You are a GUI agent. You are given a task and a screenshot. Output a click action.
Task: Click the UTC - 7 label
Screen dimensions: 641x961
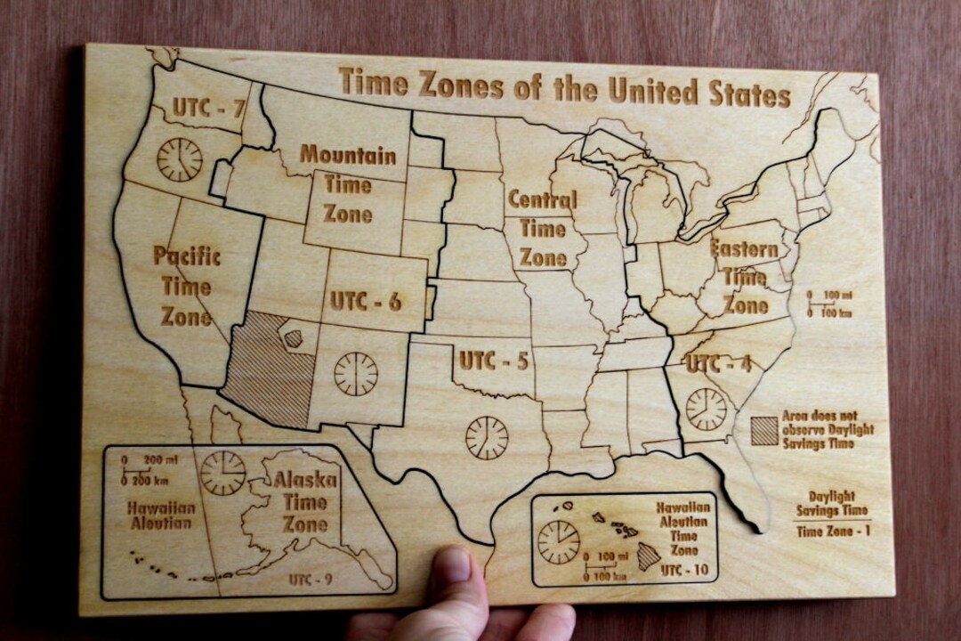click(x=208, y=108)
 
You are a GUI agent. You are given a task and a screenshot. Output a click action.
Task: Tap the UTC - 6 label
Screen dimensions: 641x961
click(x=366, y=301)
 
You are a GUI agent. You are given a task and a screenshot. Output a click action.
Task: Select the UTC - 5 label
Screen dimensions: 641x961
click(x=494, y=361)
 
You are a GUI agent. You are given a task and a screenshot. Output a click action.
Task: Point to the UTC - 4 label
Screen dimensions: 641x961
click(x=719, y=364)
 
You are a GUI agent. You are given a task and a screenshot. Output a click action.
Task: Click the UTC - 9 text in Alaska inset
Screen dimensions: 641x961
click(x=311, y=580)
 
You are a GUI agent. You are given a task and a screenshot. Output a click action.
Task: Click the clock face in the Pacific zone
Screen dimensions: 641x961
click(x=180, y=159)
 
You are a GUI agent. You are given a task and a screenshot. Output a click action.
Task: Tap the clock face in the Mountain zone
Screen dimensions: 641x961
click(x=356, y=373)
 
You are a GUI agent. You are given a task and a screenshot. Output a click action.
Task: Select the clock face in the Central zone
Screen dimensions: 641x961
click(x=488, y=437)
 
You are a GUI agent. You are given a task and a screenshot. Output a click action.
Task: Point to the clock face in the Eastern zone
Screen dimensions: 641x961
click(x=707, y=409)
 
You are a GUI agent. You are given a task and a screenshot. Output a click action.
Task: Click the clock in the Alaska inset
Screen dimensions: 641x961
click(x=222, y=473)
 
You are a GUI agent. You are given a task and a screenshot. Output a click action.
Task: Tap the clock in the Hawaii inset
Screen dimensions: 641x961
click(x=559, y=542)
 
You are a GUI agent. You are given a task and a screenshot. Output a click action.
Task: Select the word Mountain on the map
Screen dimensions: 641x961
click(x=348, y=155)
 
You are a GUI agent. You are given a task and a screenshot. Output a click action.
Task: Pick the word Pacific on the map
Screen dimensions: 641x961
click(x=187, y=256)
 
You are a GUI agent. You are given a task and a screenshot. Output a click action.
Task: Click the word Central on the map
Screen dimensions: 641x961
click(x=542, y=199)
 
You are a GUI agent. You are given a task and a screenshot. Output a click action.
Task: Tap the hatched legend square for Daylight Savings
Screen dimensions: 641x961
click(x=763, y=431)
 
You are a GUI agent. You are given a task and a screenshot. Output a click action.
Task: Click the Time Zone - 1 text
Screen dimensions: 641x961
click(x=833, y=532)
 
